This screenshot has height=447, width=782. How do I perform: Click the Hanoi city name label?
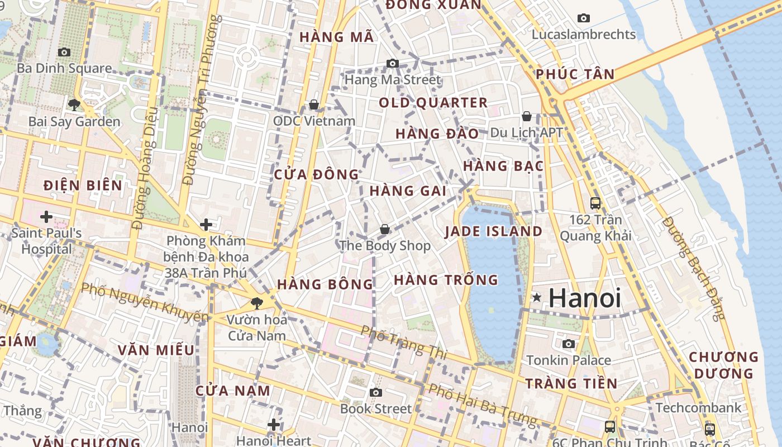[584, 298]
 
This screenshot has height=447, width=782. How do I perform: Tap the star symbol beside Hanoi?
[537, 298]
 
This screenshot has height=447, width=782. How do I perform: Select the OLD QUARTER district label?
[433, 103]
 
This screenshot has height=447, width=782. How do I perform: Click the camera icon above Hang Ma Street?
[393, 63]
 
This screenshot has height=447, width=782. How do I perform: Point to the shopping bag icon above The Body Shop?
[384, 229]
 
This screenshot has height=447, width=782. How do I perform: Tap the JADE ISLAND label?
[493, 231]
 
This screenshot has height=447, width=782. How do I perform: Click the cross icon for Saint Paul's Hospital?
[46, 216]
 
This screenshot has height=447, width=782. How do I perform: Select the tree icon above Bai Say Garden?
[74, 104]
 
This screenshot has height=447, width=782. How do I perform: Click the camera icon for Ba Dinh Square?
[64, 52]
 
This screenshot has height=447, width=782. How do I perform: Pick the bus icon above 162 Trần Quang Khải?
[595, 203]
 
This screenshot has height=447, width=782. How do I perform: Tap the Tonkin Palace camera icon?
[569, 344]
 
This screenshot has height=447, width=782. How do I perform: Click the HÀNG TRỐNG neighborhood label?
[446, 280]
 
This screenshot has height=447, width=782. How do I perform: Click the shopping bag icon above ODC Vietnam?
[314, 104]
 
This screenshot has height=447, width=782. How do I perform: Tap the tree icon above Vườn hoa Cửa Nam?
[256, 303]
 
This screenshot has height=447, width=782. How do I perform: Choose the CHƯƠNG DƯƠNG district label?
[723, 365]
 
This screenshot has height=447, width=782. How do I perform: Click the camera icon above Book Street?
[376, 392]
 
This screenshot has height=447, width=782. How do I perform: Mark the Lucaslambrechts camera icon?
[584, 18]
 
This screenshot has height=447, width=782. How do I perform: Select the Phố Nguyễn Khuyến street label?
[144, 302]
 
